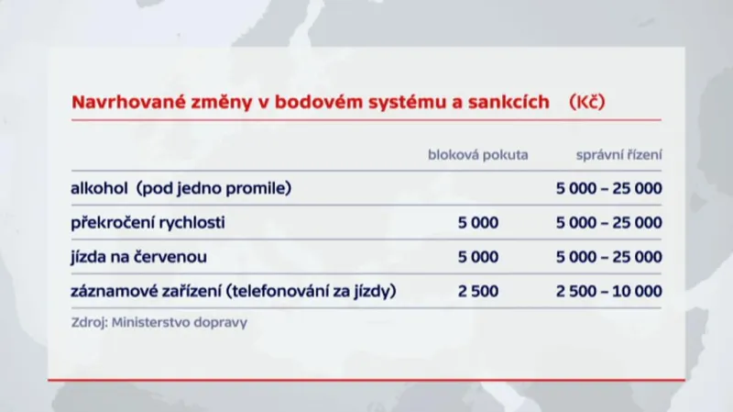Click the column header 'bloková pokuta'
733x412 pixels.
click(x=478, y=154)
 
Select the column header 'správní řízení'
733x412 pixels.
click(x=619, y=154)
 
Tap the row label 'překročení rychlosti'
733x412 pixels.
click(x=148, y=223)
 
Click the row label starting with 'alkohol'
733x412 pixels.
click(x=180, y=189)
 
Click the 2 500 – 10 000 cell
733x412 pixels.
click(x=608, y=292)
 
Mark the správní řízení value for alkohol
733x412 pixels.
click(x=608, y=189)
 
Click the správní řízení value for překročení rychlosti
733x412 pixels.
click(x=608, y=223)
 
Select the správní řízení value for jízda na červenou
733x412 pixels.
click(x=608, y=257)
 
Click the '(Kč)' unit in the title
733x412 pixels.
click(x=586, y=103)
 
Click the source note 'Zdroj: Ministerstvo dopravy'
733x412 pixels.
click(x=159, y=323)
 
